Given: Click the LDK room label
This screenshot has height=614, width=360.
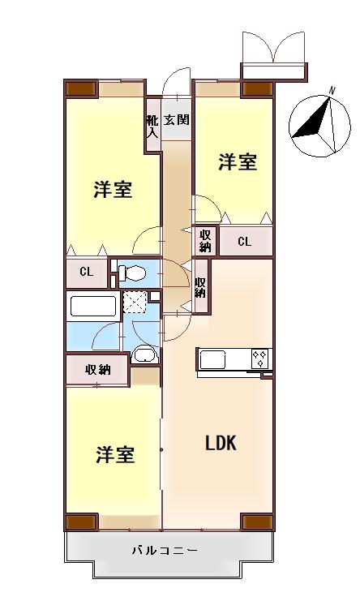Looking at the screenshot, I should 220,444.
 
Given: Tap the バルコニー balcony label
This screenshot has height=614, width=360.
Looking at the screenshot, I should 165,551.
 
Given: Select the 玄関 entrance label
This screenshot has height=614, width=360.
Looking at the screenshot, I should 177,120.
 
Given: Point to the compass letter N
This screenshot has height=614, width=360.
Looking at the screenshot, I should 332,90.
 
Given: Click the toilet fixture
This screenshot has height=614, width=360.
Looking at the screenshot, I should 132,273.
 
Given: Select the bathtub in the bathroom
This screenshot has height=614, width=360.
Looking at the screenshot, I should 93,306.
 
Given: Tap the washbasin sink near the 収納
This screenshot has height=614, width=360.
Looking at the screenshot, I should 144,354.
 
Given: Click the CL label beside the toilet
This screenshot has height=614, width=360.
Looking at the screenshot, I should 86,273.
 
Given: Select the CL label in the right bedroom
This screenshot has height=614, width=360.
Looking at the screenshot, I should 244,241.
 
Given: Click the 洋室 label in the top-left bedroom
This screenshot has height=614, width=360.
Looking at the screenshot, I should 113,191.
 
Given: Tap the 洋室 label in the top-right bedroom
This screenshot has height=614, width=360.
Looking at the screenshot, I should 238,162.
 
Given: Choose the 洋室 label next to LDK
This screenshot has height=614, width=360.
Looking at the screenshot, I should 114,454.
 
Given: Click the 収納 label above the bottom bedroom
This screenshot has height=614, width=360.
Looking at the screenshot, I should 98,370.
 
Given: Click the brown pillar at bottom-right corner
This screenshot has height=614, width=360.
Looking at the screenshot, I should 257,522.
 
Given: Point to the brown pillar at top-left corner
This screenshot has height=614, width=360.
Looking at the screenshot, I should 80,88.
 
